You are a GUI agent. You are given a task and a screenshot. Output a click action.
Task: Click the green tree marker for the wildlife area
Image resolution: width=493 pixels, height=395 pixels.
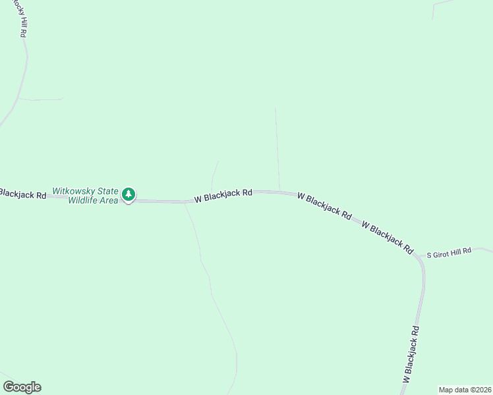coord(129,194)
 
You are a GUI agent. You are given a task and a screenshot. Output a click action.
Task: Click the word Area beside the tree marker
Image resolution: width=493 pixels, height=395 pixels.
coord(109,200)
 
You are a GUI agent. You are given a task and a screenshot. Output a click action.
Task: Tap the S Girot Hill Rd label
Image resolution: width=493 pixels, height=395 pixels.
coord(449,252)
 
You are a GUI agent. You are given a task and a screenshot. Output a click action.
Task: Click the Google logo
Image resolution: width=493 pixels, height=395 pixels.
coord(22,387)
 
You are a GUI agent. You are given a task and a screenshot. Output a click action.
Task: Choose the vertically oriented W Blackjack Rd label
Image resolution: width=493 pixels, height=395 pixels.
coord(411,355)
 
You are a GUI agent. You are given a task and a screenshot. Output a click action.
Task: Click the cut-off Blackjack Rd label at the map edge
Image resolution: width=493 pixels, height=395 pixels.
coord(22,194)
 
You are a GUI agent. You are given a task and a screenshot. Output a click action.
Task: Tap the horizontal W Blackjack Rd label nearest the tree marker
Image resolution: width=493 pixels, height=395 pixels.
coord(223,196)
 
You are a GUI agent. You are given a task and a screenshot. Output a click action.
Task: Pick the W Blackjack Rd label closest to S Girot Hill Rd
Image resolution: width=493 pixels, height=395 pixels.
coord(388,238)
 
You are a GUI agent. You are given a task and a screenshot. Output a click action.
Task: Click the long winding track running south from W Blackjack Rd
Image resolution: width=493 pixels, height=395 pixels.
coord(211,290)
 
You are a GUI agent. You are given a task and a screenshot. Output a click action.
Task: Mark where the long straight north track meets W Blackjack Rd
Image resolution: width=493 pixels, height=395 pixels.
coord(280,192)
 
